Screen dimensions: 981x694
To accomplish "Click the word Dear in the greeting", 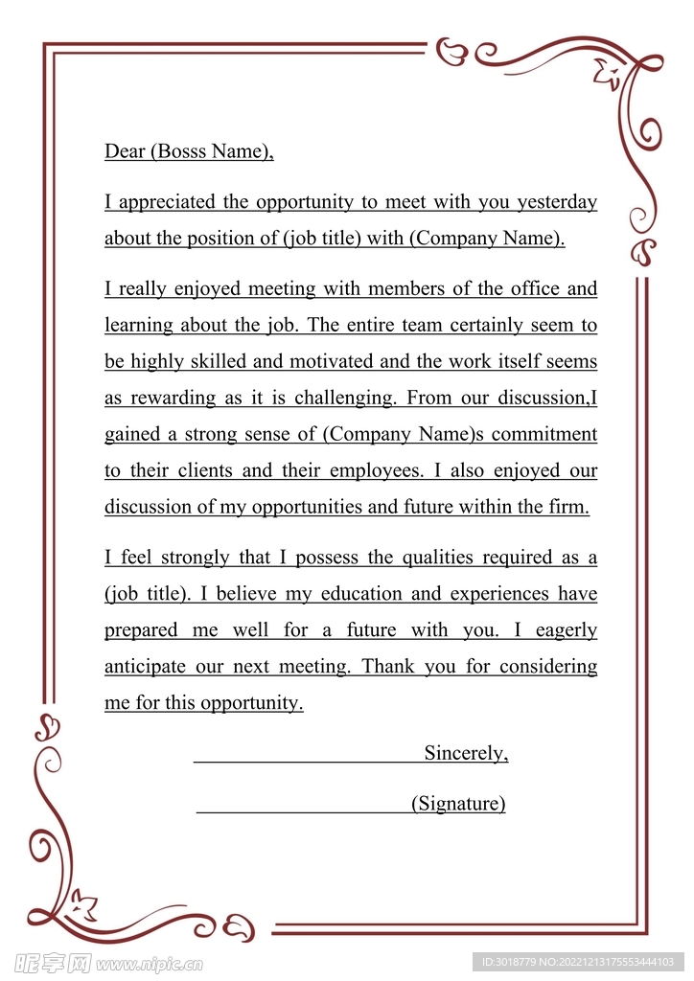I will [125, 151].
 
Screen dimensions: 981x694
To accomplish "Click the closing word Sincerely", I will [466, 754].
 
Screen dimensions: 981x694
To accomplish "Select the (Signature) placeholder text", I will [458, 804].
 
